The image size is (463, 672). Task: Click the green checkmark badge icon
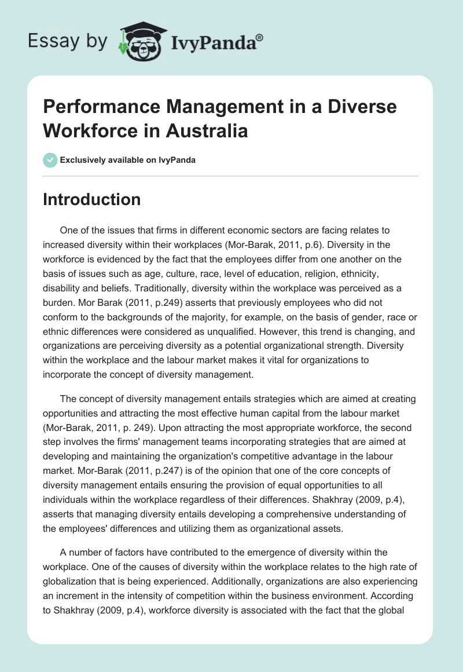point(50,160)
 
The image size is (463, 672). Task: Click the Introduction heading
point(92,199)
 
